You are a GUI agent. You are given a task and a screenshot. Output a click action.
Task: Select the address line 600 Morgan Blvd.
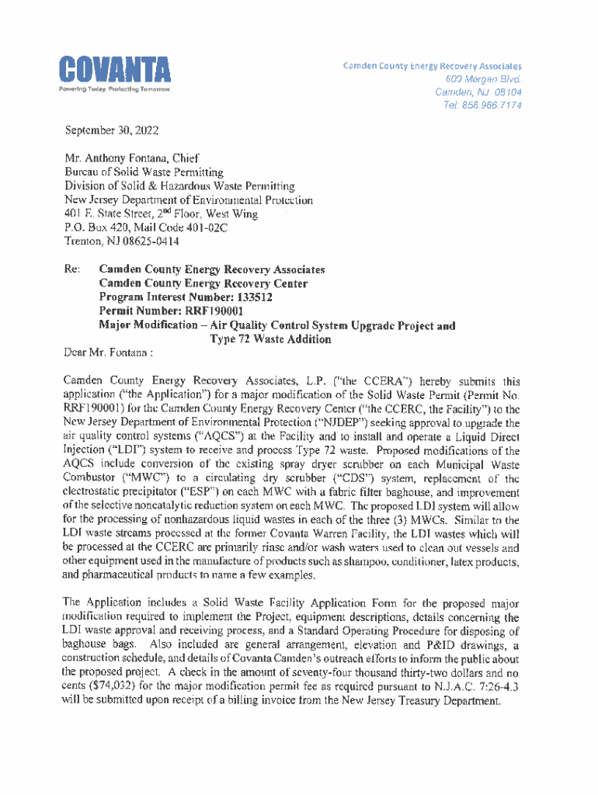click(483, 79)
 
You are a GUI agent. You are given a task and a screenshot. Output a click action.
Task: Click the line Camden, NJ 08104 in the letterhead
click(478, 92)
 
